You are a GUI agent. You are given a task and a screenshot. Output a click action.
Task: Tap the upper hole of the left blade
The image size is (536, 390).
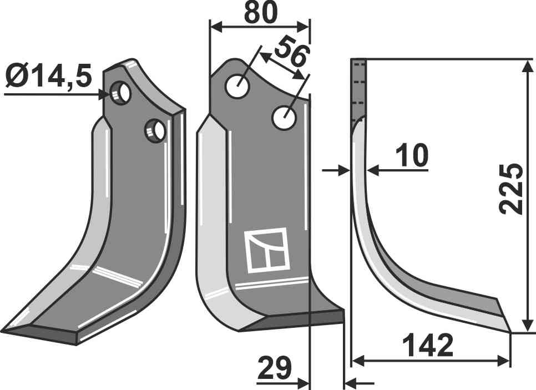(x=120, y=92)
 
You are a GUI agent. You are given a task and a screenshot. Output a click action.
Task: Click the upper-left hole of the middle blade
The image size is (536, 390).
(x=238, y=86)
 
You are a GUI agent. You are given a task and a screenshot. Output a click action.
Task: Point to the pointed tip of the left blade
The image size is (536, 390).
(x=4, y=331)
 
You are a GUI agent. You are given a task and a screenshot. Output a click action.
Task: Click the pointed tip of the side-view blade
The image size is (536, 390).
(x=509, y=332)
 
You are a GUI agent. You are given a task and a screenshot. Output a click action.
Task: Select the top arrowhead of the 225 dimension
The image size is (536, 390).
(x=525, y=63)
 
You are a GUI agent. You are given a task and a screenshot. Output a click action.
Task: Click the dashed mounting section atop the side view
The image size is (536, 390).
(x=359, y=89)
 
